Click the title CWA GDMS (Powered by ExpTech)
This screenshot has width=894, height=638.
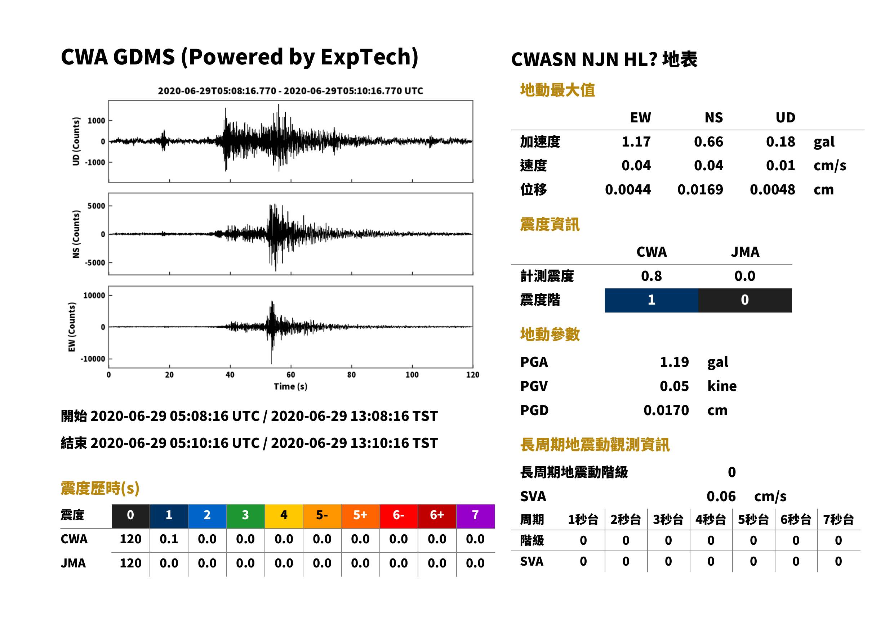(239, 57)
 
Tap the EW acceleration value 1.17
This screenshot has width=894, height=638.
(636, 142)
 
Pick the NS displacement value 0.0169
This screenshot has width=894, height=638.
(700, 190)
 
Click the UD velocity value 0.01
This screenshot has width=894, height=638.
(780, 166)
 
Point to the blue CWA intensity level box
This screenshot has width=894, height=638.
(651, 300)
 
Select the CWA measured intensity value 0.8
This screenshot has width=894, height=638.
(651, 276)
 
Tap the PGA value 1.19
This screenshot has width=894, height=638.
(674, 362)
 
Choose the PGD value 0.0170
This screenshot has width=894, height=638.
(666, 410)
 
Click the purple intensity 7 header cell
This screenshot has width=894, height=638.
(475, 516)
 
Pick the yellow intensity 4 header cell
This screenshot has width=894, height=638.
(284, 516)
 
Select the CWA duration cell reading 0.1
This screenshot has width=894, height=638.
(169, 539)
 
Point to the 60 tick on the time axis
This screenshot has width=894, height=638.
(290, 375)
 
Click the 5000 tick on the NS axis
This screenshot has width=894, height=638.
(96, 206)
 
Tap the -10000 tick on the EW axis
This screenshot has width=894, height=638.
(93, 359)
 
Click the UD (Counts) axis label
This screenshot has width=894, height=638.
(76, 141)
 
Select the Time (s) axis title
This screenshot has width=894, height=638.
(290, 387)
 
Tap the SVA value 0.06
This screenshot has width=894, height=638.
(721, 497)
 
